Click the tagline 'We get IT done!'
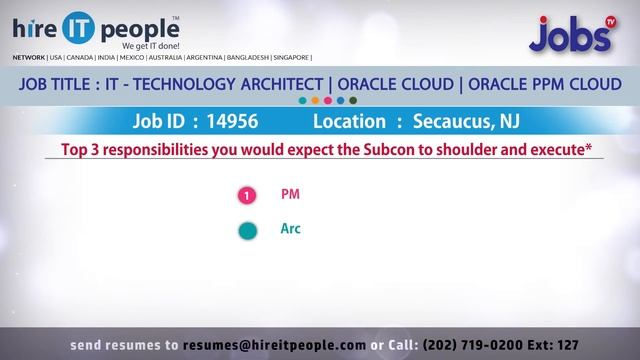click(150, 46)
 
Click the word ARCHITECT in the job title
click(280, 85)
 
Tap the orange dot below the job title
click(315, 101)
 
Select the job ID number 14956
click(231, 122)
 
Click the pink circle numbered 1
click(247, 196)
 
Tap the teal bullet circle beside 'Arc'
click(247, 231)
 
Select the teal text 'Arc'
click(291, 229)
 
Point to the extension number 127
click(566, 344)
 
